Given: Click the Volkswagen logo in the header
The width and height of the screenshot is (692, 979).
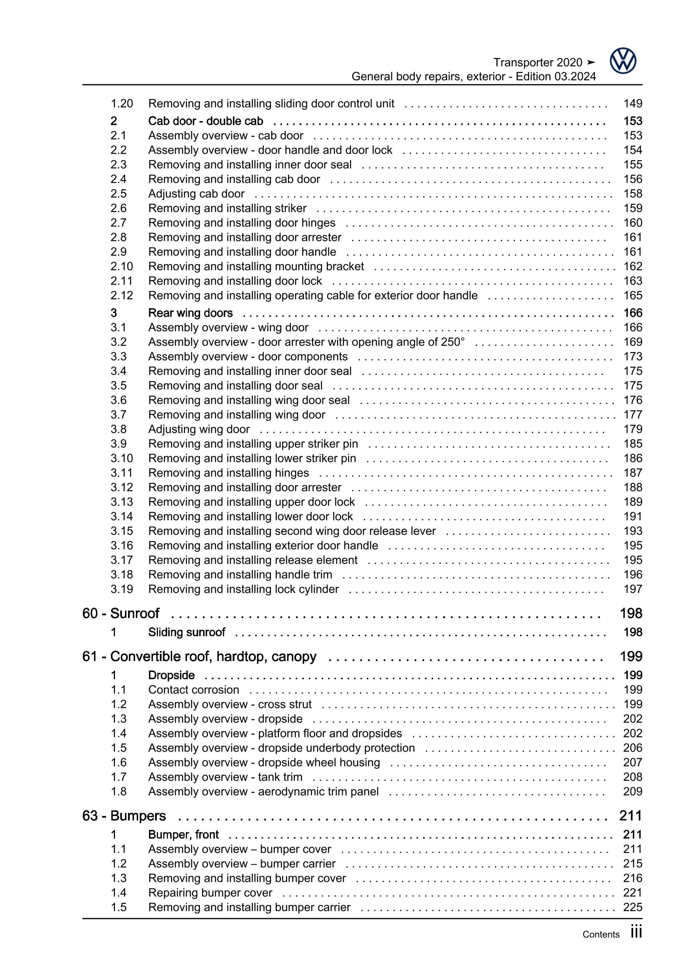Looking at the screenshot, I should pyautogui.click(x=622, y=61).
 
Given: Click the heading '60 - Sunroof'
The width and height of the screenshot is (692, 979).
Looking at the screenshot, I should pyautogui.click(x=121, y=613).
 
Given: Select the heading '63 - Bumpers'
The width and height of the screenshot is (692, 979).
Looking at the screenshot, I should pyautogui.click(x=124, y=816).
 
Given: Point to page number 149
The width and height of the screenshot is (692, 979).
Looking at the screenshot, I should pyautogui.click(x=633, y=104).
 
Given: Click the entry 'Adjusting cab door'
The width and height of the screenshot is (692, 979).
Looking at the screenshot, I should pyautogui.click(x=196, y=194).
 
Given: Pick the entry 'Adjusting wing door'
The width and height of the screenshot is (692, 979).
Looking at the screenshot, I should pyautogui.click(x=199, y=429).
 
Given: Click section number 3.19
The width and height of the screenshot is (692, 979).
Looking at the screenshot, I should pyautogui.click(x=122, y=589).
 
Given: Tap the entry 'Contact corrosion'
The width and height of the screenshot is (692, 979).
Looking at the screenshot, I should pyautogui.click(x=194, y=690).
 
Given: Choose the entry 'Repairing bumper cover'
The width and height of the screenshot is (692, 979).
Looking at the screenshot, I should pyautogui.click(x=210, y=892).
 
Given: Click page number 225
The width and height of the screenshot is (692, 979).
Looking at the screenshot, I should pyautogui.click(x=633, y=907).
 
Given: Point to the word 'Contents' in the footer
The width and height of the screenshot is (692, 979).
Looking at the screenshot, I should pyautogui.click(x=601, y=934).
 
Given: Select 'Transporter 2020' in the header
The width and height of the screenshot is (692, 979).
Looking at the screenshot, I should pyautogui.click(x=538, y=63).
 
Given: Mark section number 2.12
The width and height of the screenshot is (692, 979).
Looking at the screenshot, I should pyautogui.click(x=122, y=296).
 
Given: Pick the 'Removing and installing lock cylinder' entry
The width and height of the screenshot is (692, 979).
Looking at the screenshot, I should pyautogui.click(x=243, y=589).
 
